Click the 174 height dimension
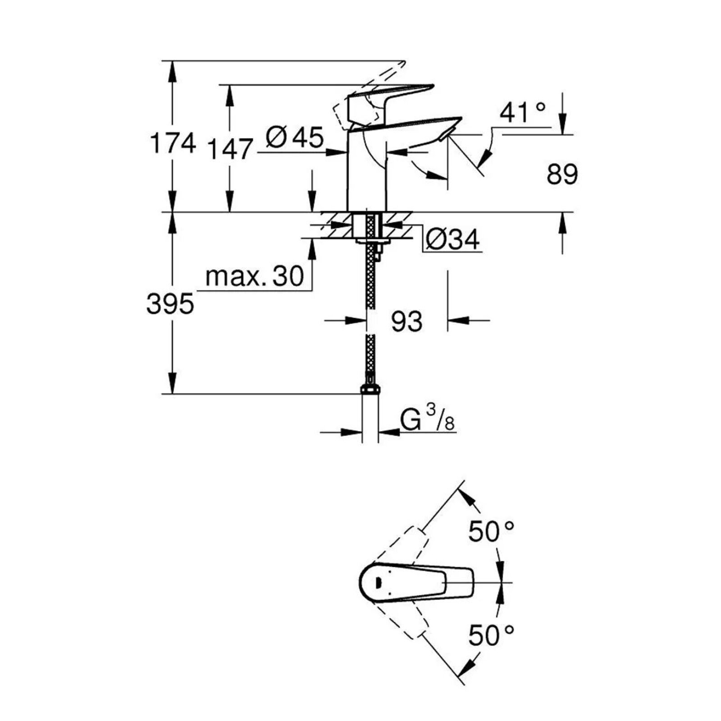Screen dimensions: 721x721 coord(173,143)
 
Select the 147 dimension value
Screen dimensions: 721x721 coord(229,149)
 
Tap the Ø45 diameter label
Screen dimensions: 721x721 coord(295,137)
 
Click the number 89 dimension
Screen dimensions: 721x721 coord(562,174)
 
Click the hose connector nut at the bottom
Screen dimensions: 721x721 coord(370,389)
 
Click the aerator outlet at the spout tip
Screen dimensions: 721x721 coord(446,134)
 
